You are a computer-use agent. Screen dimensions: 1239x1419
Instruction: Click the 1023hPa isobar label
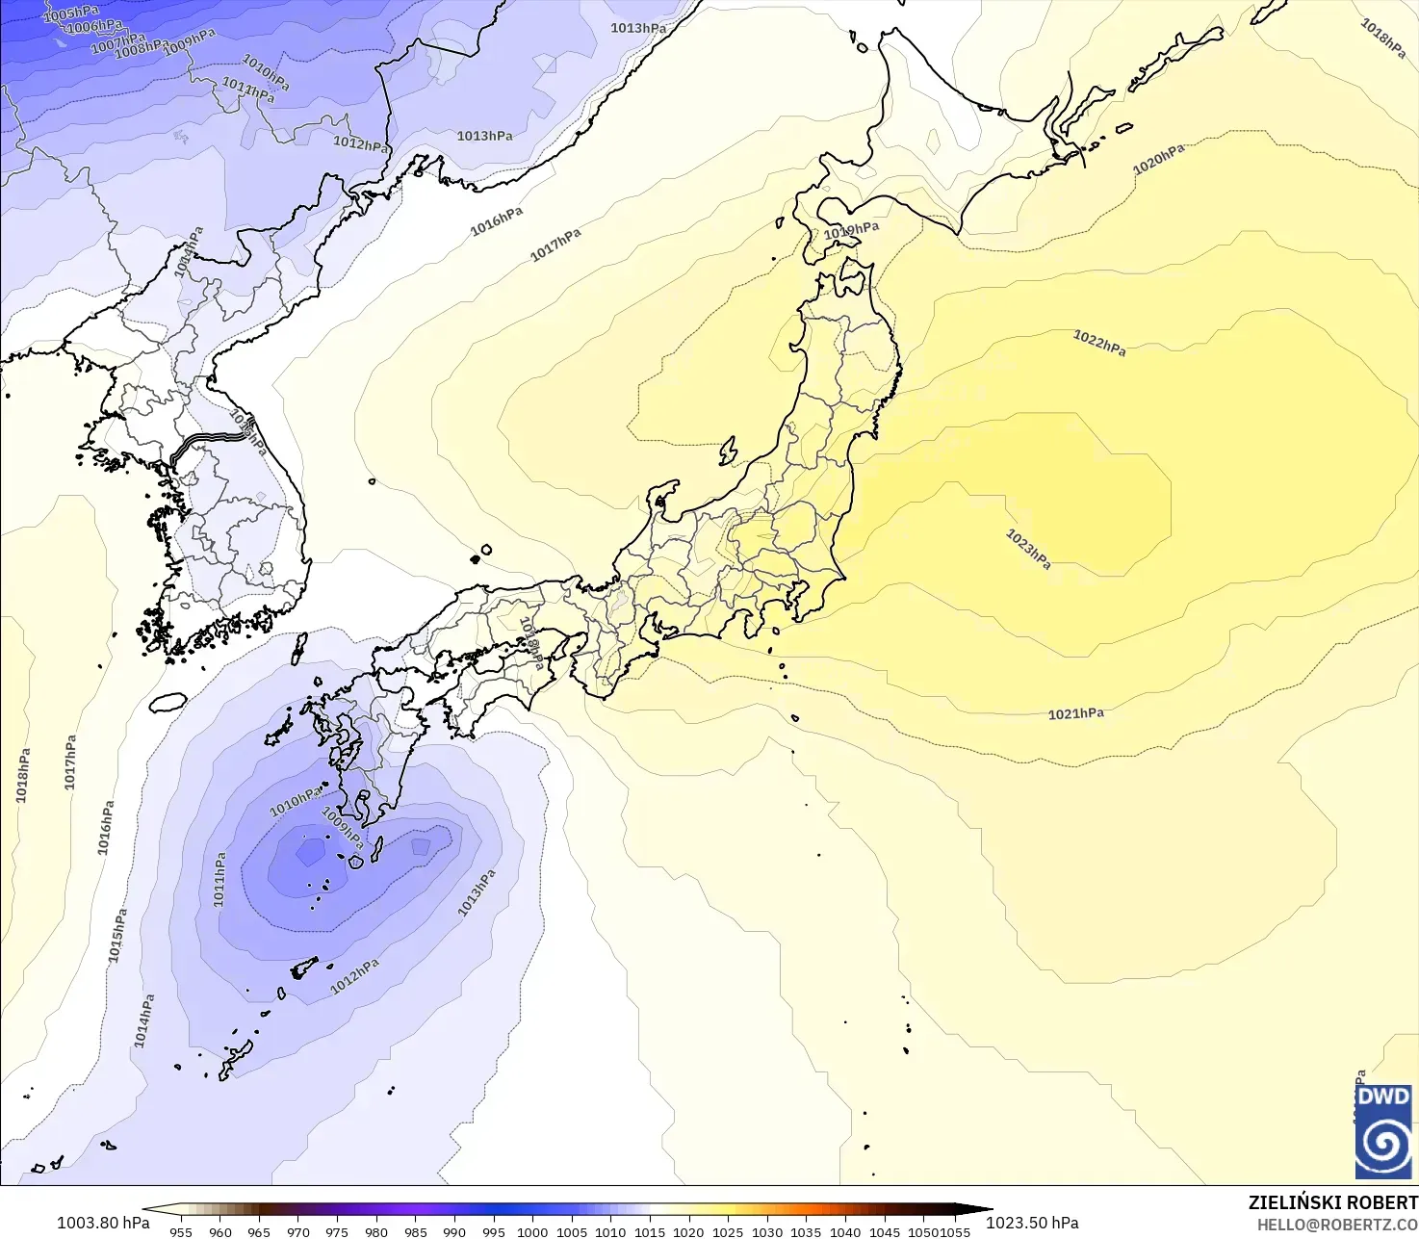click(x=1028, y=549)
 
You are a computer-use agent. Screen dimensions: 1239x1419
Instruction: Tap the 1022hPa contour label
click(x=1099, y=343)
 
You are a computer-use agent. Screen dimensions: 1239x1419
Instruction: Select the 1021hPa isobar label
click(x=1075, y=713)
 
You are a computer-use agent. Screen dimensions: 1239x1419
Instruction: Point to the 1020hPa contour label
click(x=1158, y=160)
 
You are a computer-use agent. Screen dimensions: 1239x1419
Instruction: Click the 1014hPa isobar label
click(x=143, y=1021)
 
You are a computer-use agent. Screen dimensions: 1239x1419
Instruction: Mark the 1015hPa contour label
click(x=117, y=935)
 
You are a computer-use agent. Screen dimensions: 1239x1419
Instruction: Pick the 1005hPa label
click(x=70, y=13)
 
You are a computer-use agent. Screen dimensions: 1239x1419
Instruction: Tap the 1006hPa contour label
click(x=94, y=27)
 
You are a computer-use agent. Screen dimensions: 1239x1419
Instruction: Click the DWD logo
click(x=1383, y=1131)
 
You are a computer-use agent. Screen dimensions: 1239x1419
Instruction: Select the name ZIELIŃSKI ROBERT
click(x=1332, y=1202)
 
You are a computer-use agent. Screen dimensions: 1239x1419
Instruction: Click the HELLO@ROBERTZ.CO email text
click(x=1337, y=1225)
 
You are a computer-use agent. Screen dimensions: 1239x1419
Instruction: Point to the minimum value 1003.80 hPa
click(x=103, y=1223)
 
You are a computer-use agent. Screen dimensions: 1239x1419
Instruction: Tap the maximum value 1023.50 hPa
click(x=1032, y=1223)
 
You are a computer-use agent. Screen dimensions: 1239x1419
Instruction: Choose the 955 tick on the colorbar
click(x=181, y=1231)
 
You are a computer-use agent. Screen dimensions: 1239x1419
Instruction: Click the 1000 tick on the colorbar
click(x=531, y=1231)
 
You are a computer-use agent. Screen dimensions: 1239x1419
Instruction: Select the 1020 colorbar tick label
click(x=688, y=1231)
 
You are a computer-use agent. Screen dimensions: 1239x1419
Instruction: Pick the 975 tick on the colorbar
click(x=337, y=1231)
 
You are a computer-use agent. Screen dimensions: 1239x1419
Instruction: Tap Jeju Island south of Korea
click(x=168, y=703)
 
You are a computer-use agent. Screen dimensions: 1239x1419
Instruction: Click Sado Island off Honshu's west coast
click(x=728, y=451)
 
